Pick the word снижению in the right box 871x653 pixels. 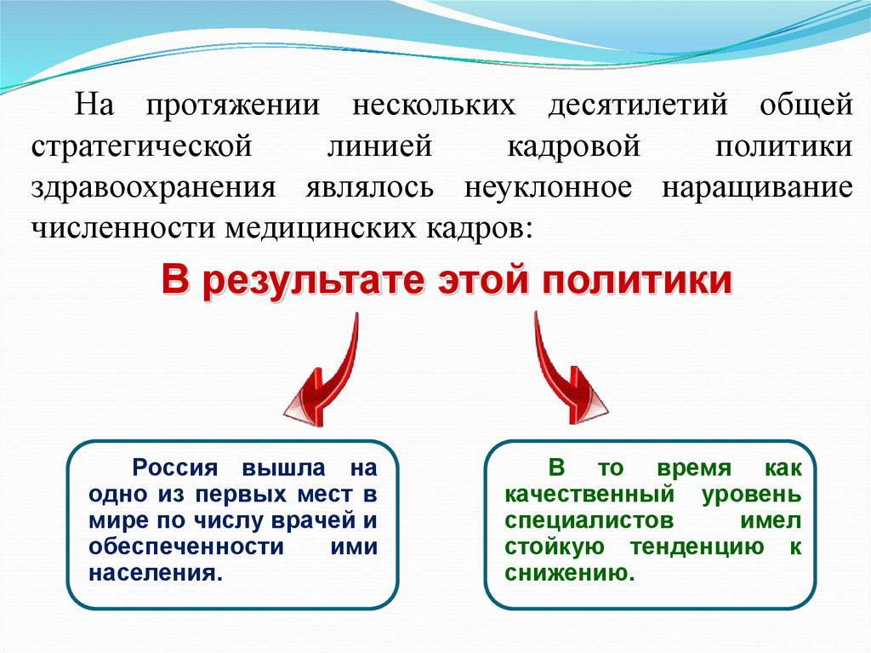tap(568, 572)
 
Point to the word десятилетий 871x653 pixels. tap(637, 106)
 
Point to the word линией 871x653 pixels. tap(379, 146)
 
